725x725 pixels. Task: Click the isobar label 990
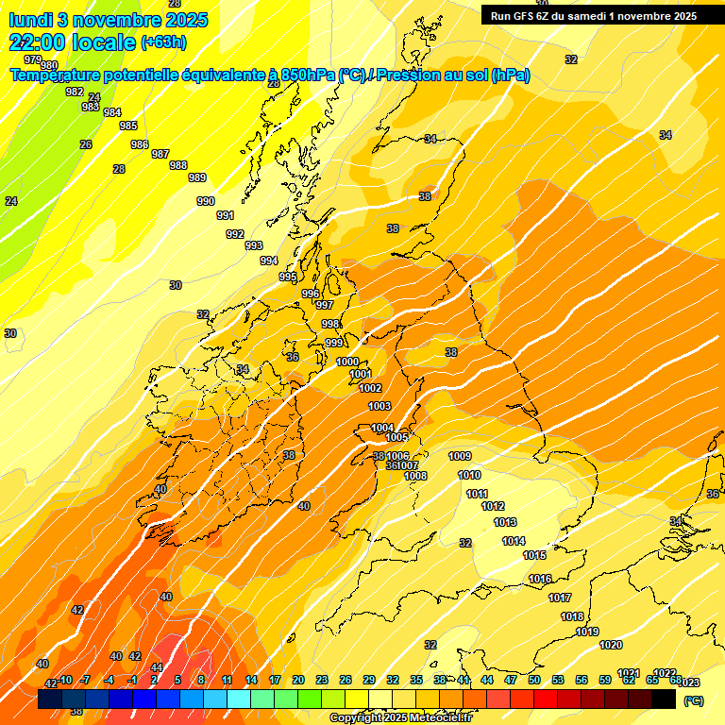click(205, 201)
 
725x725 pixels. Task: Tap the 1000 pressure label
click(347, 362)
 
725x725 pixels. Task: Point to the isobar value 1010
click(469, 475)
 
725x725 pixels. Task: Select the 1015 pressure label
click(534, 555)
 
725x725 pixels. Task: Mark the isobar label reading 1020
click(611, 645)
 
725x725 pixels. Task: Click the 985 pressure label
click(128, 126)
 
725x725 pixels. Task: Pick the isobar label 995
click(289, 277)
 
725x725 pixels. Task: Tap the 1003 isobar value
click(379, 406)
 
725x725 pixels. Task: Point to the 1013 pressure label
click(505, 522)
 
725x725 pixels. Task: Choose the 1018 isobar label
click(572, 616)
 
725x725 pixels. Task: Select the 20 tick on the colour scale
click(298, 680)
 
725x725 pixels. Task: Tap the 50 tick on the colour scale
click(534, 680)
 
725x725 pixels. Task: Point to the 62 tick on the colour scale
click(629, 680)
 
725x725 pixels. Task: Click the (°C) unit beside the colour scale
click(693, 700)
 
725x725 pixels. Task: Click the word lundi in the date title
click(31, 19)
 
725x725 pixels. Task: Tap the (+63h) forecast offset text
click(163, 42)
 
